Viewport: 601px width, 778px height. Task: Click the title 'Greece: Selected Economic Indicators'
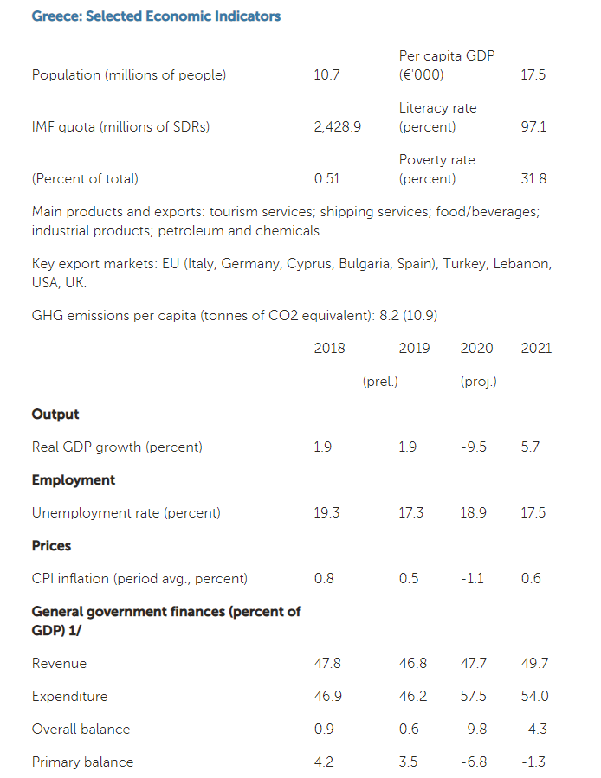[x=156, y=16]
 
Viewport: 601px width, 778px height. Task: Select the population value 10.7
[x=326, y=75]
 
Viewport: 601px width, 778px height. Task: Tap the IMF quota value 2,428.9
[x=337, y=127]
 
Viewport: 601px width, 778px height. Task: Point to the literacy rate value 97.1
[x=533, y=127]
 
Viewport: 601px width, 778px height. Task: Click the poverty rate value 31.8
[x=533, y=179]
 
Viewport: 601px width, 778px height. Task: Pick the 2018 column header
[x=329, y=349]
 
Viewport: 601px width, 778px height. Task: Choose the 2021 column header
[x=536, y=349]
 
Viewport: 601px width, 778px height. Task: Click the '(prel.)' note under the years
[x=379, y=382]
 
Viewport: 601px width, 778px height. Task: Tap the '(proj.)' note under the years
[x=478, y=382]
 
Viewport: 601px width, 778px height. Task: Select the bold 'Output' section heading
[x=55, y=415]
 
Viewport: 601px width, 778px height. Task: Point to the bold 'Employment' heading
[x=74, y=480]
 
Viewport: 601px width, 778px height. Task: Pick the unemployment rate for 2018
[x=326, y=513]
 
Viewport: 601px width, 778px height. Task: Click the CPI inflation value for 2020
[x=474, y=579]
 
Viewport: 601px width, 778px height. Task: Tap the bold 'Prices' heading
[x=51, y=546]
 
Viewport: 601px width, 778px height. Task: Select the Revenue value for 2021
[x=534, y=664]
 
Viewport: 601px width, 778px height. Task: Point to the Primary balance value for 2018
[x=324, y=762]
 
